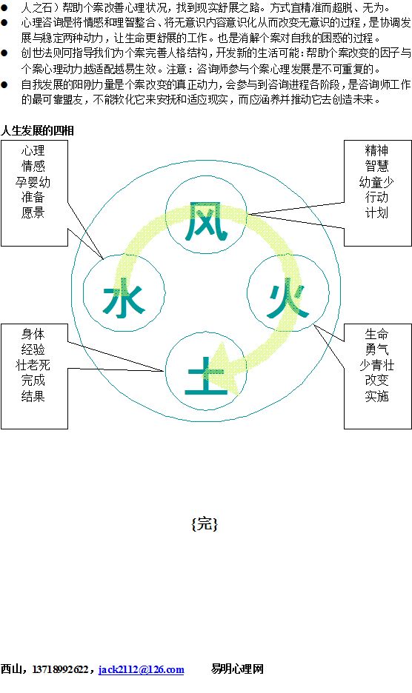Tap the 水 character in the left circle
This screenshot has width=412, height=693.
(124, 298)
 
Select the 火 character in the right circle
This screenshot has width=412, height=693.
(288, 298)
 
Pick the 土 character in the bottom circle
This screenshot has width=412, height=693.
(206, 375)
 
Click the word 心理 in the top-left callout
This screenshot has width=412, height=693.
(33, 151)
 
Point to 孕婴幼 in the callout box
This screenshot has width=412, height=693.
(33, 181)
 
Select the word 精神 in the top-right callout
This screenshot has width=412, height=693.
(376, 151)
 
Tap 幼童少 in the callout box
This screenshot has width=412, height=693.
(376, 181)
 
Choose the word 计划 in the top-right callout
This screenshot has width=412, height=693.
(376, 212)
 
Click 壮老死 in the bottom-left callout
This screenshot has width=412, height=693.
(33, 365)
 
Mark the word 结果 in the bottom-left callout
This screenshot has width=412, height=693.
(33, 396)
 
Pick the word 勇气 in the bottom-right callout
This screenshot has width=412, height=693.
(376, 349)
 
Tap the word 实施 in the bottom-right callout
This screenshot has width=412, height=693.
(376, 396)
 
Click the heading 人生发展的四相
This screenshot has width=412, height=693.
(37, 130)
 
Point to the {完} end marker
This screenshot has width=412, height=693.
(205, 523)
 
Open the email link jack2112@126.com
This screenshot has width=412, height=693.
(142, 669)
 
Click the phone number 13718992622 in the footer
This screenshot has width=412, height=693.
(60, 669)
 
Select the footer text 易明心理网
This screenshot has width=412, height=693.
(237, 669)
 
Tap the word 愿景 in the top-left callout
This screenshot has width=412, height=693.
(33, 212)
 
